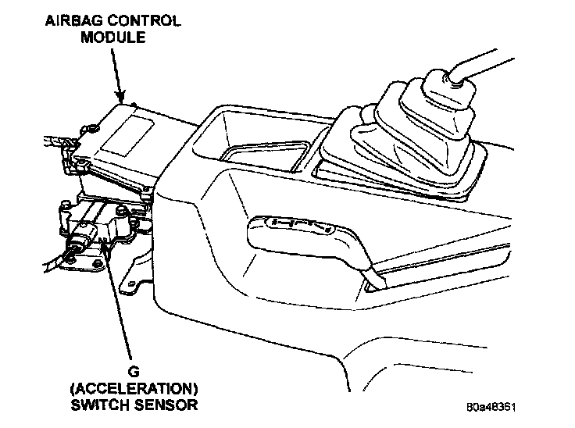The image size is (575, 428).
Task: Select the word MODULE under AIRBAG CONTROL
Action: click(x=112, y=37)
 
